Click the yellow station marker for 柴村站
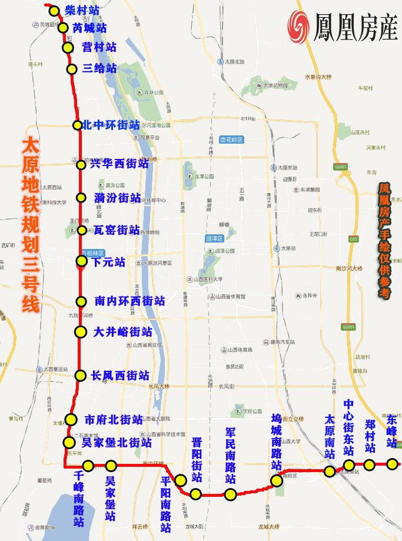pos(54,11)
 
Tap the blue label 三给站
pos(100,68)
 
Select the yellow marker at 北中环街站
pos(78,125)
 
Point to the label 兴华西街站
pos(119,164)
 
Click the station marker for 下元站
pos(82,261)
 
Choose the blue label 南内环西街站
pos(129,301)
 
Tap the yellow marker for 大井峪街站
pos(79,332)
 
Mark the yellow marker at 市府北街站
pos(71,420)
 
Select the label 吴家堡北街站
pos(117,442)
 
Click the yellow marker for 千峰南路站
pos(88,466)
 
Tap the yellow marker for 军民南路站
pos(231,494)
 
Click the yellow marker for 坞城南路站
pos(277,480)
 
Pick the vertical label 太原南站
pos(330,437)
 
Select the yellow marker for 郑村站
pos(369,465)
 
